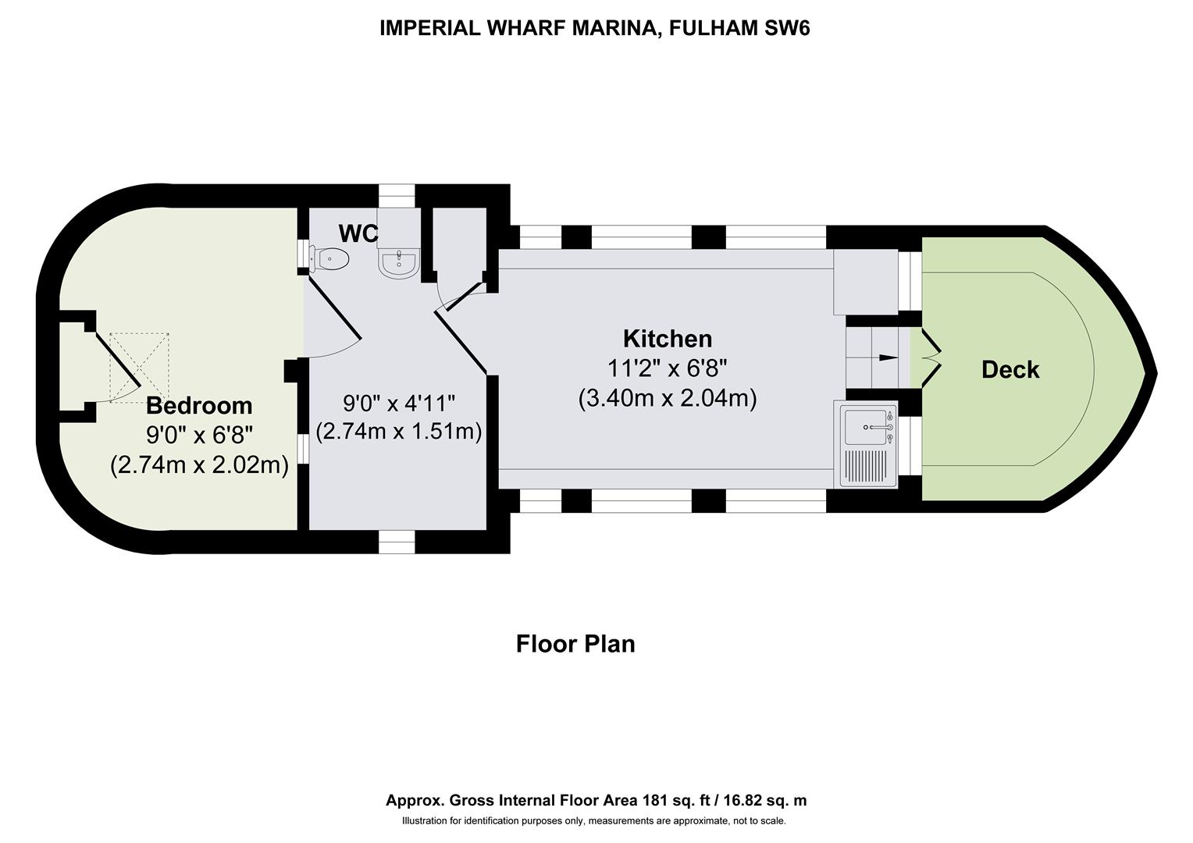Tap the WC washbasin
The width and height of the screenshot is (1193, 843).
point(398,263)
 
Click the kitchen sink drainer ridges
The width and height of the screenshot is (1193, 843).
point(866,467)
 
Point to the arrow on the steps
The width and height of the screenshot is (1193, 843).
point(889,357)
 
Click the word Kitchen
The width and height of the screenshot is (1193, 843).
point(668,339)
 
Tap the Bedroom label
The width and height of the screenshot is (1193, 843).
point(199,405)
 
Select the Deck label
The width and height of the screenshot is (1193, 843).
point(1010,369)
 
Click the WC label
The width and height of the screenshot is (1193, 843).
point(358,233)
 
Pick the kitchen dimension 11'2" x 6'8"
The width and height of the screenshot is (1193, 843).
point(668,368)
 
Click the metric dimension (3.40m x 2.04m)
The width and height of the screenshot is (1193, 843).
point(668,398)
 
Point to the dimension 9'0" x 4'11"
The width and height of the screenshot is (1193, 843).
point(398,403)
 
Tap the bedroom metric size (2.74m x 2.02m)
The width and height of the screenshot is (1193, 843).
point(199,465)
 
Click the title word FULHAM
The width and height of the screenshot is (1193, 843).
point(713,27)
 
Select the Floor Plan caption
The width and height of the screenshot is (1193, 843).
point(575,643)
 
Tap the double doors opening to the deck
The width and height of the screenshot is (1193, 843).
point(931,357)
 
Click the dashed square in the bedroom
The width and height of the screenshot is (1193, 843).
point(140,368)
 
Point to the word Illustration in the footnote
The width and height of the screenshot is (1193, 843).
point(424,820)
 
